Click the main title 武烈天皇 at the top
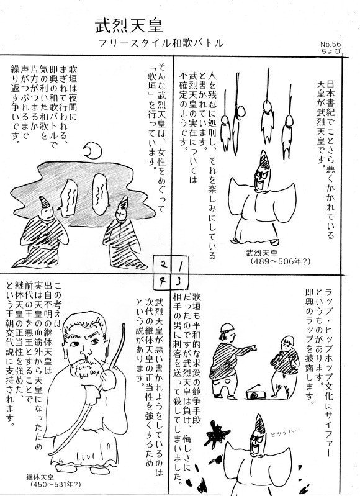pos(128,26)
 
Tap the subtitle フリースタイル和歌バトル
pos(161,43)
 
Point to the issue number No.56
pos(331,45)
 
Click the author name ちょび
pos(331,52)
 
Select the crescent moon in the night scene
pos(92,151)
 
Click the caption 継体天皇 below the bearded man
pos(40,477)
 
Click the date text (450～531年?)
pos(56,484)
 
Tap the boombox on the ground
pos(256,393)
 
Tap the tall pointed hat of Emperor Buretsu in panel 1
pos(264,160)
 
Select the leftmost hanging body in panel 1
pos(225,133)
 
